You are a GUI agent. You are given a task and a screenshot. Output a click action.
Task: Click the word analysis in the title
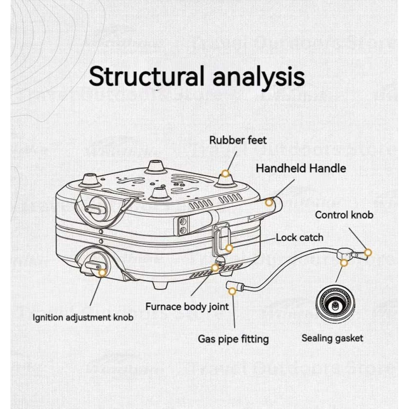[258, 77]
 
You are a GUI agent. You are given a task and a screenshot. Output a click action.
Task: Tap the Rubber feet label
[238, 140]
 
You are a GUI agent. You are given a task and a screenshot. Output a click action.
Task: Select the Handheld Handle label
[301, 168]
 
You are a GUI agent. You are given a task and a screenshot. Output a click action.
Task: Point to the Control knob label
[344, 215]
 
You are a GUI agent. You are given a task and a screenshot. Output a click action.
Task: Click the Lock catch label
[299, 237]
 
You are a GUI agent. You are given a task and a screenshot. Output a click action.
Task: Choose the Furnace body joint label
[187, 306]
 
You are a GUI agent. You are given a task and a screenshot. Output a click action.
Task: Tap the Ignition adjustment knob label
[83, 317]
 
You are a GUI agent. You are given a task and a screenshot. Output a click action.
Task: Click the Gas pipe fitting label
[233, 339]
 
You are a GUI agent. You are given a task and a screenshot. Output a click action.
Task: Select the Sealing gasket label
[332, 338]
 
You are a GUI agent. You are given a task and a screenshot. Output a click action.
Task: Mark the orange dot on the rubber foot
[225, 173]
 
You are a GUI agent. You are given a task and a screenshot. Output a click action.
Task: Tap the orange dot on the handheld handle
[269, 202]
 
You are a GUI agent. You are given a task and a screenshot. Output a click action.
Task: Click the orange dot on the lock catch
[229, 248]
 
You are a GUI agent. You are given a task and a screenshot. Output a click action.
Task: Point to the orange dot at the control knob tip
[368, 252]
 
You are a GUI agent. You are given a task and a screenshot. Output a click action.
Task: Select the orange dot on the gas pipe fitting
[232, 291]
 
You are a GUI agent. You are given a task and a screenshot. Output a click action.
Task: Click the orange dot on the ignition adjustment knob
[102, 272]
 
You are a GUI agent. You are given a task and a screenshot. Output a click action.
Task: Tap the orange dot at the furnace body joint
[215, 268]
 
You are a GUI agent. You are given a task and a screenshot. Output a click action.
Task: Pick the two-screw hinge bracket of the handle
[182, 225]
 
